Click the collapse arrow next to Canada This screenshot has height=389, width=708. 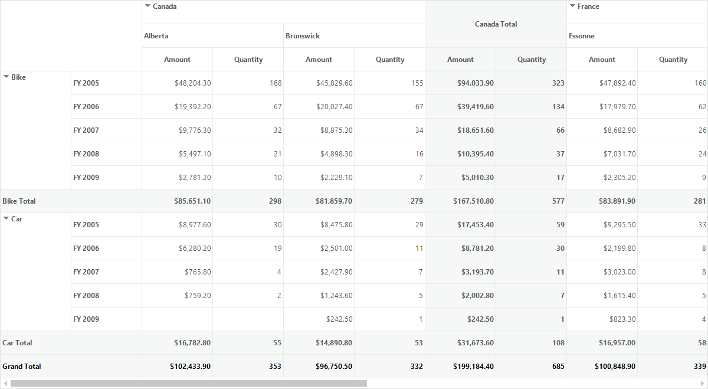tap(147, 6)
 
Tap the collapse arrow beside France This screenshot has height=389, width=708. tap(572, 6)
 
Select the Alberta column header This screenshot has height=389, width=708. tap(156, 36)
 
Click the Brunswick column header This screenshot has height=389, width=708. tap(303, 36)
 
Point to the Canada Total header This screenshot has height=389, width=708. tap(496, 24)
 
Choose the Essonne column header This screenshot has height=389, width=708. tap(582, 36)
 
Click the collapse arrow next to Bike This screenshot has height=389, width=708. tap(6, 77)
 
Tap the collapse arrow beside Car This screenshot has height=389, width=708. tap(6, 218)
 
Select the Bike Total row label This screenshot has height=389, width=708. tap(19, 201)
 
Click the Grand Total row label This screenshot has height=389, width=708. tap(21, 366)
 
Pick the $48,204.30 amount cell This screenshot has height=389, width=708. tap(192, 83)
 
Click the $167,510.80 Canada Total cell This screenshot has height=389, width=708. tap(473, 201)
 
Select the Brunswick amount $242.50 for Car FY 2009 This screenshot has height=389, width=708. tap(339, 319)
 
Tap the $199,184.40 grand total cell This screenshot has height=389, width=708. tap(473, 366)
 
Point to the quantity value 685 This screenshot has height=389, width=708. tap(558, 366)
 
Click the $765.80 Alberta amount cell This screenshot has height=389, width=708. tap(198, 272)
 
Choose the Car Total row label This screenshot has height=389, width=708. tap(17, 343)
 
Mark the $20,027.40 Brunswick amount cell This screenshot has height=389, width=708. tap(334, 107)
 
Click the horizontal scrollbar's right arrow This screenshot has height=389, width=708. tap(702, 383)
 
